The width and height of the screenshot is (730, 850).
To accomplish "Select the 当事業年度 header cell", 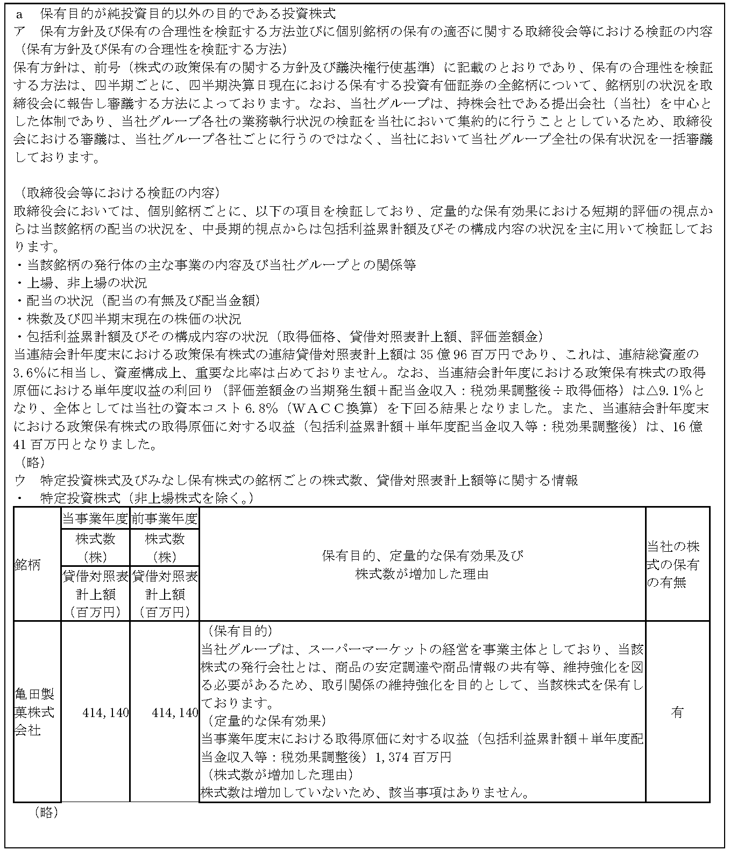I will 95,518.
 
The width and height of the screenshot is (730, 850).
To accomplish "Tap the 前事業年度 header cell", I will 165,518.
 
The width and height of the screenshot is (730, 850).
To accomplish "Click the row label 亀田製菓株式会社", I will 34,712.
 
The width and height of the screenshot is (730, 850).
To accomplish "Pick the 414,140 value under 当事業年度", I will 105,713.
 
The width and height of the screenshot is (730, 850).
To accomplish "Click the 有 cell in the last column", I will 677,712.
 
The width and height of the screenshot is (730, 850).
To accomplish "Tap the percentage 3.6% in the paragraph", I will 29,373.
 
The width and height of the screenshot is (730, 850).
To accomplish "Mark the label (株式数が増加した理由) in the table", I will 275,775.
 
